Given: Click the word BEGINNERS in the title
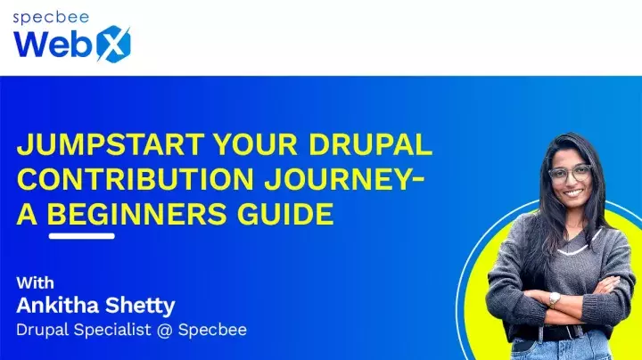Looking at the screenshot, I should [142, 214].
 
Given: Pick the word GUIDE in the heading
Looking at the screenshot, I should [291, 214].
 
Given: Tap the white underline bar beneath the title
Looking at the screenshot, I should [81, 236].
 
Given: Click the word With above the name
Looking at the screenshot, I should [36, 283].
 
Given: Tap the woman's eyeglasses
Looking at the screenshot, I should [568, 174].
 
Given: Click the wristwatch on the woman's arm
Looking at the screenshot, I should [555, 299].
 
